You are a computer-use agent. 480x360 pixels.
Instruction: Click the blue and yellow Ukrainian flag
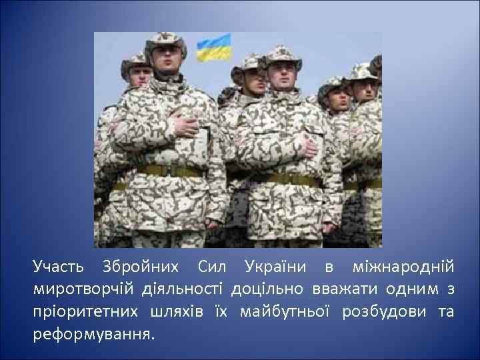(214, 49)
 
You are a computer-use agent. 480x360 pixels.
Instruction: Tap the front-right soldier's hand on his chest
(307, 146)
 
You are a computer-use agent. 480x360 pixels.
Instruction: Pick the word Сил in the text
(213, 268)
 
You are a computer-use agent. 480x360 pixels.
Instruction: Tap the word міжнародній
(401, 268)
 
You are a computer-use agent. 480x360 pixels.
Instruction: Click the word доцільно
(267, 289)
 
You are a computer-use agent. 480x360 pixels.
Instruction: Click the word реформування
(93, 333)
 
